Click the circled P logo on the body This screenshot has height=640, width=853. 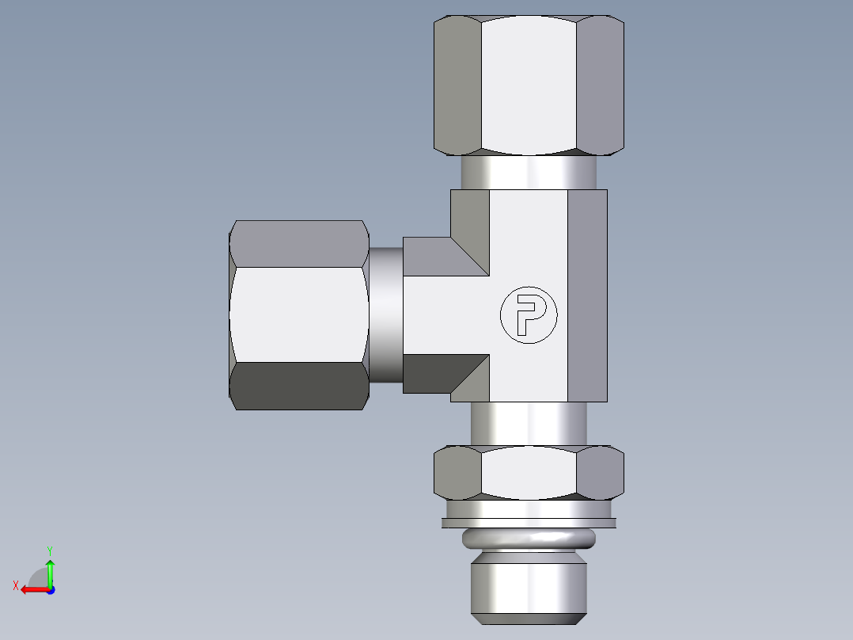pyautogui.click(x=529, y=314)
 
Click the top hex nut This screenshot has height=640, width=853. pyautogui.click(x=529, y=85)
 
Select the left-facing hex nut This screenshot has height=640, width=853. pyautogui.click(x=299, y=314)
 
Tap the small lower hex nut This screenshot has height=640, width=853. pyautogui.click(x=529, y=473)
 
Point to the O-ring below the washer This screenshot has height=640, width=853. pyautogui.click(x=529, y=539)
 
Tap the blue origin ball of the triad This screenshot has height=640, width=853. pyautogui.click(x=50, y=589)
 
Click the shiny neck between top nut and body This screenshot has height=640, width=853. pyautogui.click(x=529, y=171)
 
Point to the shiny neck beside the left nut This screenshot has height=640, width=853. pyautogui.click(x=386, y=314)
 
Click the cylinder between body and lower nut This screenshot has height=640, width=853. pyautogui.click(x=529, y=423)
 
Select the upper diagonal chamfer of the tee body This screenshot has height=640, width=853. pyautogui.click(x=469, y=230)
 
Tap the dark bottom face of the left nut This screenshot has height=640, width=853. pyautogui.click(x=299, y=386)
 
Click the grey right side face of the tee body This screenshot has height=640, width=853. pyautogui.click(x=587, y=295)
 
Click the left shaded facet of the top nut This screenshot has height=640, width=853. pyautogui.click(x=457, y=85)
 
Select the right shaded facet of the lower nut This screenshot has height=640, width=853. pyautogui.click(x=600, y=473)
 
